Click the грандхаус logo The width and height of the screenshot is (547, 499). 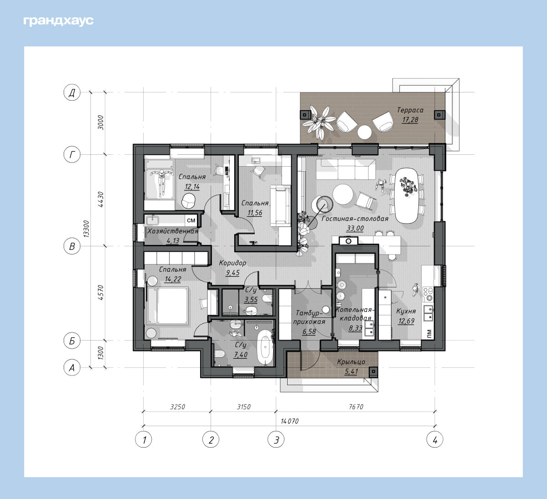pyautogui.click(x=58, y=21)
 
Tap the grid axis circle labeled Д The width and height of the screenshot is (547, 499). pyautogui.click(x=72, y=92)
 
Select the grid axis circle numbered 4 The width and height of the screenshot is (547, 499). pyautogui.click(x=435, y=439)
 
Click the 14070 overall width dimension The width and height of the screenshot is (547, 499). pyautogui.click(x=289, y=421)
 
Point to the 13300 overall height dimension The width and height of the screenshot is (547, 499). pyautogui.click(x=86, y=229)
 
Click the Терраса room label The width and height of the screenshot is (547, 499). pyautogui.click(x=410, y=110)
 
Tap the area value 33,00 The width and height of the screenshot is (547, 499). pyautogui.click(x=355, y=228)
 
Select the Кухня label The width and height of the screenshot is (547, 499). pyautogui.click(x=406, y=311)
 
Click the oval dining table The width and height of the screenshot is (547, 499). pyautogui.click(x=406, y=195)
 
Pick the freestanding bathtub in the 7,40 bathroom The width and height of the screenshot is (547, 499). pyautogui.click(x=265, y=347)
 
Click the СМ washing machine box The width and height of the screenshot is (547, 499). pyautogui.click(x=191, y=220)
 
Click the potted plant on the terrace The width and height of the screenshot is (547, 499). pyautogui.click(x=319, y=122)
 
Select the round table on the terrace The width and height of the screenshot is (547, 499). pyautogui.click(x=364, y=132)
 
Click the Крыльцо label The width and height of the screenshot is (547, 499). pyautogui.click(x=351, y=362)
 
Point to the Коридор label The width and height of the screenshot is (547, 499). pyautogui.click(x=232, y=263)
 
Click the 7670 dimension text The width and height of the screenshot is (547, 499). pyautogui.click(x=356, y=407)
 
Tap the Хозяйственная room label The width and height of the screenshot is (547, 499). pyautogui.click(x=173, y=231)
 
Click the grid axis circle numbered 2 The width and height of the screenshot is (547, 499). pyautogui.click(x=211, y=439)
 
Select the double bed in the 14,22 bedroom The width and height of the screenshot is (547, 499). pyautogui.click(x=168, y=306)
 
